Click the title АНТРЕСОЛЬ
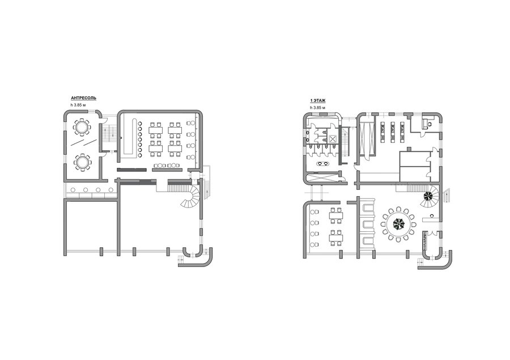(84, 98)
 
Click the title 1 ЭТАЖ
(318, 101)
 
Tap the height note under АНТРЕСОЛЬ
(78, 105)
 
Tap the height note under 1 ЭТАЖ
(317, 107)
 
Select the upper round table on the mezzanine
(81, 127)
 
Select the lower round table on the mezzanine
(81, 162)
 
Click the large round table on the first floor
(398, 223)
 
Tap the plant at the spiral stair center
(428, 196)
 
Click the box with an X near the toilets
(332, 139)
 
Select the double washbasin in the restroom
(322, 163)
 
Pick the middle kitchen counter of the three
(393, 132)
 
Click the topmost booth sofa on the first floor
(368, 209)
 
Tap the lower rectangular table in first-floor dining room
(336, 238)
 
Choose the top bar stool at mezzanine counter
(141, 124)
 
